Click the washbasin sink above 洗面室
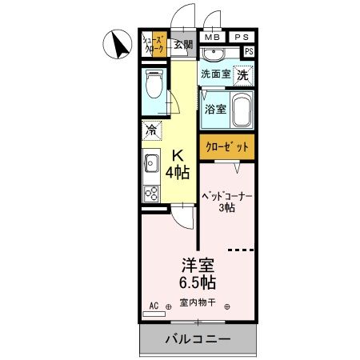pyautogui.click(x=214, y=55)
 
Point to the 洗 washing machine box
pyautogui.click(x=242, y=73)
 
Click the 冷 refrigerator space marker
pyautogui.click(x=151, y=129)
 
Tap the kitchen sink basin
pyautogui.click(x=150, y=166)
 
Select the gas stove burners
pyautogui.click(x=150, y=192)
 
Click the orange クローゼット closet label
pyautogui.click(x=226, y=147)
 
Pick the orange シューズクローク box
pyautogui.click(x=153, y=44)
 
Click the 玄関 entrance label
pyautogui.click(x=183, y=45)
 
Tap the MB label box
pyautogui.click(x=212, y=37)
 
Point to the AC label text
pyautogui.click(x=154, y=305)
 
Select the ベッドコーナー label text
pyautogui.click(x=226, y=194)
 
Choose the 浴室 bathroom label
pyautogui.click(x=214, y=109)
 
